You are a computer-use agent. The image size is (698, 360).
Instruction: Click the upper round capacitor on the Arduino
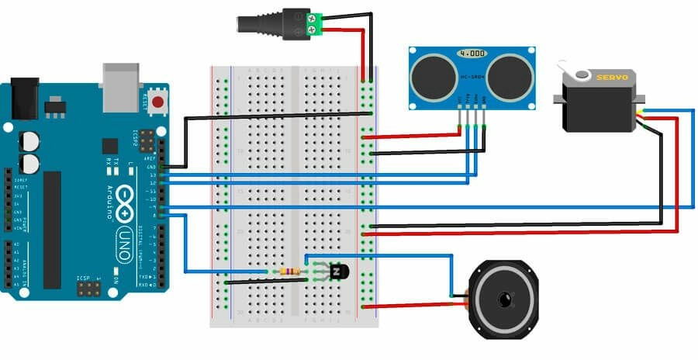coord(30,140)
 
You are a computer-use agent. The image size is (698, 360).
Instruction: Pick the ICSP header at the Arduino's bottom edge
coord(88,289)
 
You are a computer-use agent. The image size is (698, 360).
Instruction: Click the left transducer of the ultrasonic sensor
coord(432,78)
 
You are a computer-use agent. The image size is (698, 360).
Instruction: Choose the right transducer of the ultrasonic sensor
coord(510,78)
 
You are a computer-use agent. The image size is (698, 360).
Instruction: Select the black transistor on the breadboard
coord(339,272)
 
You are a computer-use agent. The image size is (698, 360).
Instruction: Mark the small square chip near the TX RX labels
coord(109,146)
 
